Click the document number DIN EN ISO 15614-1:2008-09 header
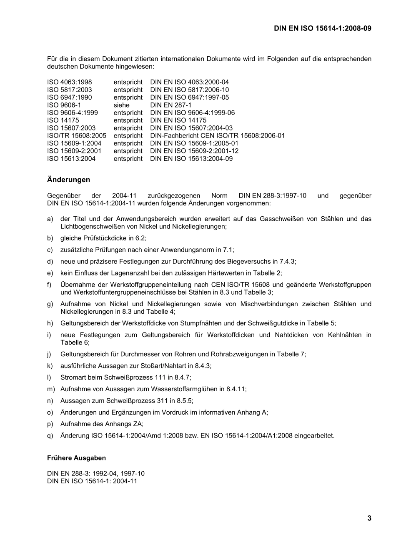click(322, 28)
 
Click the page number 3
click(369, 518)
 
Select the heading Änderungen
click(68, 180)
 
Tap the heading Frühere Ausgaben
click(76, 457)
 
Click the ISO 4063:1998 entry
click(70, 82)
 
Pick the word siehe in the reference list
click(122, 105)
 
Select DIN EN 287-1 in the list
click(170, 105)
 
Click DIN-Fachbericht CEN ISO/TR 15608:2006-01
click(217, 135)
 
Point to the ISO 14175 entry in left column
click(63, 120)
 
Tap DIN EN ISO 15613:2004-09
click(191, 158)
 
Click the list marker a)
click(50, 219)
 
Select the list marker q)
click(50, 435)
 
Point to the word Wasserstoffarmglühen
click(189, 389)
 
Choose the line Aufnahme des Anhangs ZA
click(102, 424)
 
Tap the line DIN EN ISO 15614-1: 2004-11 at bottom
click(92, 481)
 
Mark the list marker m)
click(50, 389)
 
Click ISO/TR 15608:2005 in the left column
click(77, 135)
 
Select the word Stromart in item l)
click(73, 377)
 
